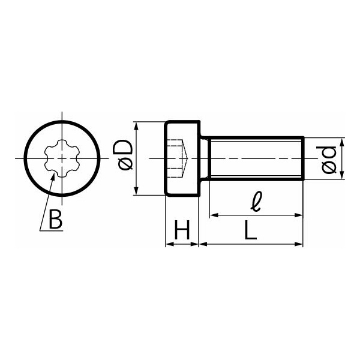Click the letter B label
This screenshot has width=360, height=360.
[56, 219]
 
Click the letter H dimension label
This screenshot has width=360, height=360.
[182, 230]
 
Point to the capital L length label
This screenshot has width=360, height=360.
[250, 230]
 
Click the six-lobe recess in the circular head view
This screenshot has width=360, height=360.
[62, 158]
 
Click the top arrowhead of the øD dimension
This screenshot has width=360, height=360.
[136, 127]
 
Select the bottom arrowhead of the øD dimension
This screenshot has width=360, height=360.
[136, 190]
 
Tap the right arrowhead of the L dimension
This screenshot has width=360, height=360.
[298, 244]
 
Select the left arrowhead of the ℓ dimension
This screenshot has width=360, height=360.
[214, 215]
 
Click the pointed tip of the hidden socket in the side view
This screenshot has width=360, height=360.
[188, 158]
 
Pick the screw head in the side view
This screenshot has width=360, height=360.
[182, 158]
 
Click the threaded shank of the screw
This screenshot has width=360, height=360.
[257, 158]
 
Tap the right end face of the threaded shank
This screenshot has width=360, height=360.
[304, 158]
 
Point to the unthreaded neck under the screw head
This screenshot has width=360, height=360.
[205, 158]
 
